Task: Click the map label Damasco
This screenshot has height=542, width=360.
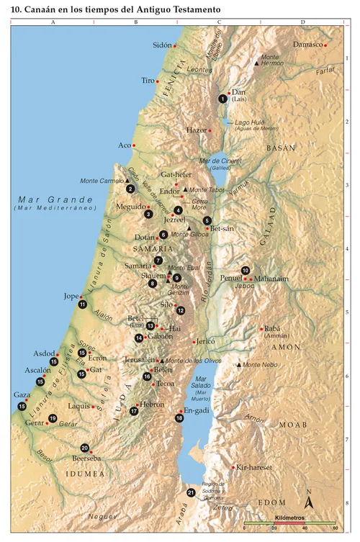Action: (x=307, y=45)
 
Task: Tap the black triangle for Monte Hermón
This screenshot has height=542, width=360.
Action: (x=257, y=64)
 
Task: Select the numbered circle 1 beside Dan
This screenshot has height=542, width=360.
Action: (x=222, y=99)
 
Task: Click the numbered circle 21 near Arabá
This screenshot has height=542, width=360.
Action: (x=191, y=493)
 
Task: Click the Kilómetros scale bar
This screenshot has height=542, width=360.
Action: (x=289, y=523)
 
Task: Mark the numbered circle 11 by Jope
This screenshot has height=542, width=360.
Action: (x=83, y=304)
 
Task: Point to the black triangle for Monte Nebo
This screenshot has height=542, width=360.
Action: (x=238, y=365)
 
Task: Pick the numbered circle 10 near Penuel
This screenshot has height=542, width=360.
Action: (x=246, y=270)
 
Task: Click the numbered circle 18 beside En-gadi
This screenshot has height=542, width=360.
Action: (x=179, y=417)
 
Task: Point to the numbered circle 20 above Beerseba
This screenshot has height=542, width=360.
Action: (x=85, y=447)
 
